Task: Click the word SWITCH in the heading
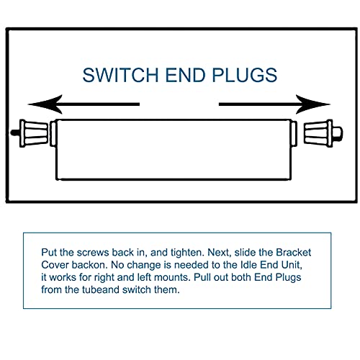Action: tap(120, 75)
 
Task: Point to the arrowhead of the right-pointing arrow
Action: tap(312, 104)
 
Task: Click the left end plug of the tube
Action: tap(34, 133)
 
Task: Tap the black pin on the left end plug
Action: tap(15, 132)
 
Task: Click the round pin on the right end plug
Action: tap(338, 133)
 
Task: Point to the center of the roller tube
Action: tap(174, 150)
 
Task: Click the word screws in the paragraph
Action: tap(93, 253)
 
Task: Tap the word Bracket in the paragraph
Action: tap(294, 253)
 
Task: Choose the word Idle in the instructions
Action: tap(248, 265)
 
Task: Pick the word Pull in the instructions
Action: tap(202, 277)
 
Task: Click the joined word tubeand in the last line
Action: tap(101, 289)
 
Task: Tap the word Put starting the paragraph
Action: tap(49, 253)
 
